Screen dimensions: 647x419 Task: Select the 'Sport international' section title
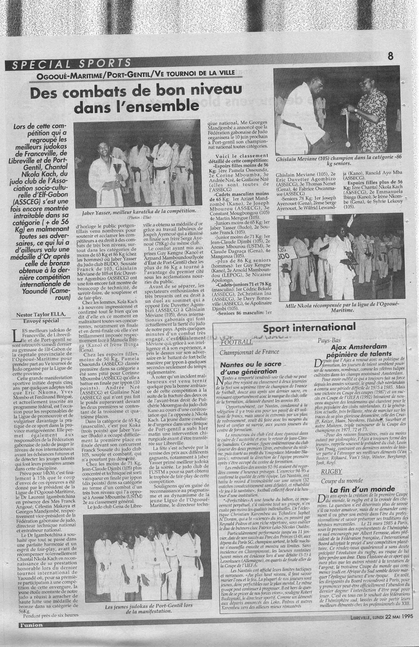(x=309, y=327)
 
